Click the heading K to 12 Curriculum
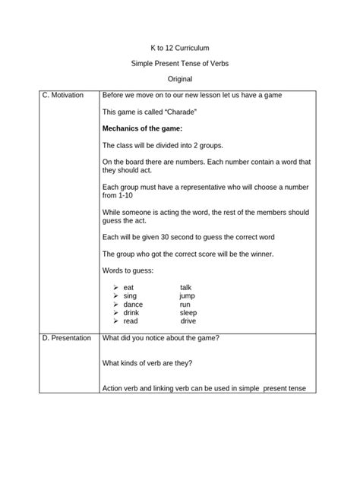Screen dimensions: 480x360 point(180,47)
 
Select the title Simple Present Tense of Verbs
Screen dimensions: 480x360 point(180,63)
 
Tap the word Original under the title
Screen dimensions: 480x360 point(179,79)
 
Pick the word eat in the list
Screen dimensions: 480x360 point(128,287)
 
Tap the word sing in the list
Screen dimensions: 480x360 point(130,295)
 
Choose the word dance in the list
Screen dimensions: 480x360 point(133,304)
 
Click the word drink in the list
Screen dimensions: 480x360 point(131,312)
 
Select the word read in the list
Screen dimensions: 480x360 point(131,321)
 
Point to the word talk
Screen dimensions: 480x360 point(186,287)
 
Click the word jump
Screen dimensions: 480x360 point(188,295)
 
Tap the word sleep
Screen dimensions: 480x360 point(188,312)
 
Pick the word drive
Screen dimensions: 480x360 point(188,321)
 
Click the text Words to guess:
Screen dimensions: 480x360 point(128,270)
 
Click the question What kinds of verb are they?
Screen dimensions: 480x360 point(147,362)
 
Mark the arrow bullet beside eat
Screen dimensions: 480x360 point(115,287)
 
